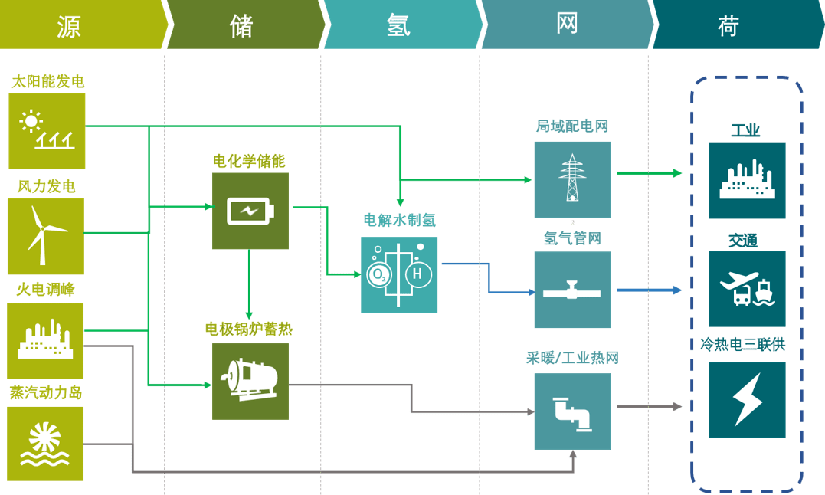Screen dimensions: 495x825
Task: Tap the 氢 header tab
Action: pyautogui.click(x=400, y=25)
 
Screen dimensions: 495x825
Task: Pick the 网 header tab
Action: pyautogui.click(x=566, y=25)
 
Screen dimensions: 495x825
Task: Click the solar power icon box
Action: pyautogui.click(x=47, y=131)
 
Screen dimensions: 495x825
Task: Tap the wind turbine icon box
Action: pyautogui.click(x=46, y=236)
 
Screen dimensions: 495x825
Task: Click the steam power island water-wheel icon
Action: pyautogui.click(x=46, y=444)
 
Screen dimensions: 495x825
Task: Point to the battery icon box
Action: pyautogui.click(x=250, y=211)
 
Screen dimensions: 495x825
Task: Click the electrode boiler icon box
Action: pyautogui.click(x=250, y=381)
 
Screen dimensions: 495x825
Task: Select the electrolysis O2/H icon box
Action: pyautogui.click(x=399, y=274)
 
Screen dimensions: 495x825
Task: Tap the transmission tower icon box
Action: pyautogui.click(x=572, y=179)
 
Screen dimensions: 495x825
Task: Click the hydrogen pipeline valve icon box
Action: pyautogui.click(x=572, y=290)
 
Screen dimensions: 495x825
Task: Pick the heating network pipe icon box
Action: pyautogui.click(x=572, y=411)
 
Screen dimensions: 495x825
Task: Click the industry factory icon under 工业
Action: pyautogui.click(x=747, y=180)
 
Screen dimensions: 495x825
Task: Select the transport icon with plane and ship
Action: pyautogui.click(x=747, y=289)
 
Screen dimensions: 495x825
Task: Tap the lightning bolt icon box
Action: pyautogui.click(x=747, y=399)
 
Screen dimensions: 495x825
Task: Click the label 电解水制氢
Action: pyautogui.click(x=399, y=221)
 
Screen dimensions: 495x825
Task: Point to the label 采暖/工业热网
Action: pyautogui.click(x=572, y=358)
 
